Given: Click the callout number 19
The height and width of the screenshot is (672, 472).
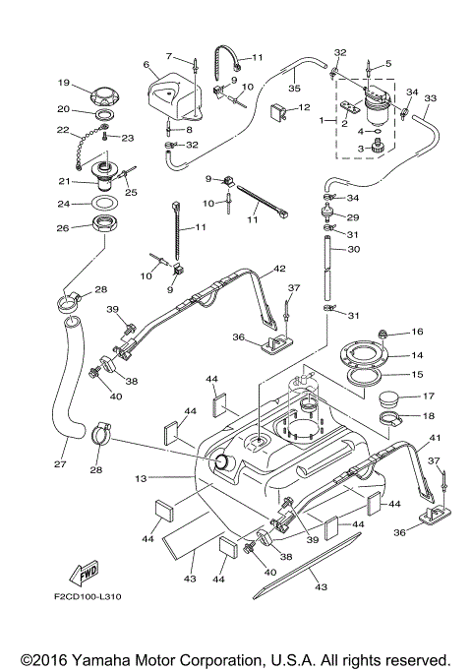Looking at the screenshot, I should coord(61,83).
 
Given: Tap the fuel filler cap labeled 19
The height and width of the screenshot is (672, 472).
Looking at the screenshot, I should coord(103,95).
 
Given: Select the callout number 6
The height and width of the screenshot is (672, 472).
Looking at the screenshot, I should coord(147,66).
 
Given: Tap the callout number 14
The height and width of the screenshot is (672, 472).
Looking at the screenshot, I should coord(417,355).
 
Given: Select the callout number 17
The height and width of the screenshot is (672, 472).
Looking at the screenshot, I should coord(417,397).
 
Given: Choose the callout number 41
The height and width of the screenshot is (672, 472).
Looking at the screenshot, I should coord(435,437).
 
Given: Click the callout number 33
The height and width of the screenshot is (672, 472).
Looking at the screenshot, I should coord(430,98).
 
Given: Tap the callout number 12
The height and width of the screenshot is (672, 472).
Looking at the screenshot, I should coord(305,106).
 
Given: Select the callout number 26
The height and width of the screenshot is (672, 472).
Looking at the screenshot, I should coord(62,228).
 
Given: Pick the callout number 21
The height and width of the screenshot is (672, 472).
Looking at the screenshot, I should coord(62,181).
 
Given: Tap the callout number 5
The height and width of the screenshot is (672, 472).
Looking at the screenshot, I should coord(387,63).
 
